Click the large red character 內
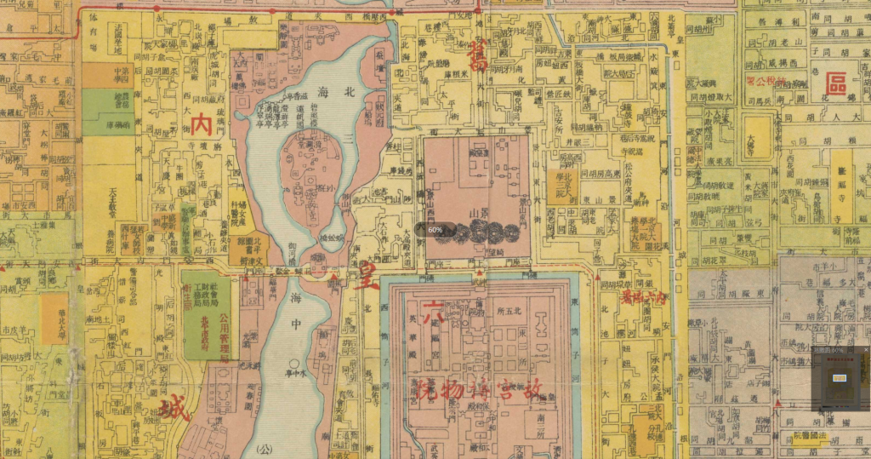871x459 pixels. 202,125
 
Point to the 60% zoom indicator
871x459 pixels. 435,230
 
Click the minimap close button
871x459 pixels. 865,350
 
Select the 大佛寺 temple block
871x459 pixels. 753,136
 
